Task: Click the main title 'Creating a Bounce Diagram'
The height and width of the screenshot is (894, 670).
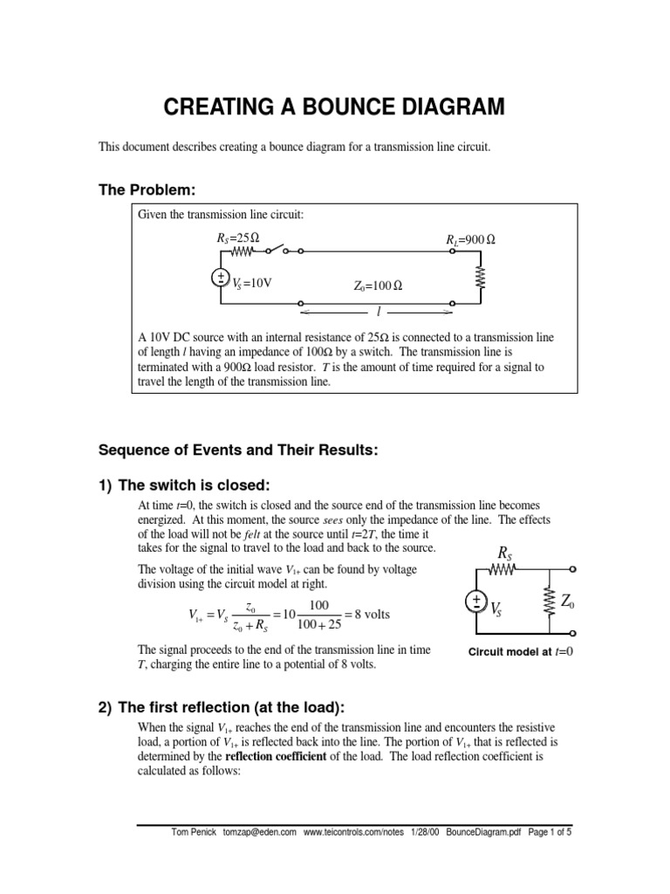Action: click(335, 107)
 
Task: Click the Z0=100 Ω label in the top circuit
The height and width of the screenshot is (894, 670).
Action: click(378, 285)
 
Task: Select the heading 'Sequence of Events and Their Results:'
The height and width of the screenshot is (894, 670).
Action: click(238, 450)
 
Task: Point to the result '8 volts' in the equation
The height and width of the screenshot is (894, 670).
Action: click(367, 615)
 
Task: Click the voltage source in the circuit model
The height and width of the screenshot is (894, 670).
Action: click(476, 603)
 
